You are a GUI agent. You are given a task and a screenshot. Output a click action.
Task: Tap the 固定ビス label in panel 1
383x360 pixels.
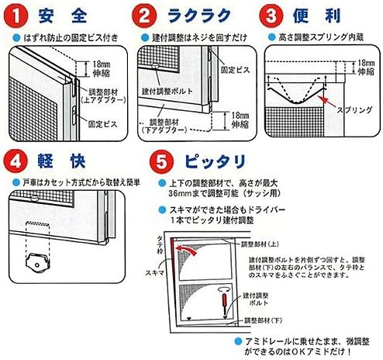coord(102,121)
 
